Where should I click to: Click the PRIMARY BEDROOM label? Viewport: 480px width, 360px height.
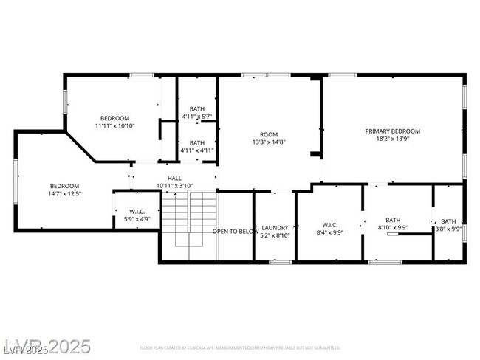(x=392, y=131)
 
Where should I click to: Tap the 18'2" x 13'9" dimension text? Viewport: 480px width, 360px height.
(x=392, y=139)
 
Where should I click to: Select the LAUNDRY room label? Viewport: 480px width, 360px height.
(x=274, y=228)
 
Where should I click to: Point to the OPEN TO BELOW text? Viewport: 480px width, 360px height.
(x=236, y=232)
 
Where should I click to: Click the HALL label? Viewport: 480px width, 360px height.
(x=174, y=178)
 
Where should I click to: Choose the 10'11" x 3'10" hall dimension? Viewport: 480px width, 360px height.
(x=174, y=186)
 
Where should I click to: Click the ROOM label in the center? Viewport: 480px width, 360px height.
(x=270, y=135)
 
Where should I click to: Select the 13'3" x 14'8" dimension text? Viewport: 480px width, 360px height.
(x=270, y=143)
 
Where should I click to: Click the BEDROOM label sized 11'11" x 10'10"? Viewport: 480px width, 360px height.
(x=114, y=118)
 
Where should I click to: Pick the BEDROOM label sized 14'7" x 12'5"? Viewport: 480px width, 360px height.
(x=64, y=186)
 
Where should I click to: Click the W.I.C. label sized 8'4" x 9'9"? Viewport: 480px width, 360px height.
(x=329, y=224)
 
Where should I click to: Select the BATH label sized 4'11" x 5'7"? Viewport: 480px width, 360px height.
(x=196, y=109)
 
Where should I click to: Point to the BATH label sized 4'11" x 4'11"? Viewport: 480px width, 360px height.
(x=196, y=142)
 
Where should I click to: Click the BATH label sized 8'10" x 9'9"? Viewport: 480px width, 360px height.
(x=392, y=220)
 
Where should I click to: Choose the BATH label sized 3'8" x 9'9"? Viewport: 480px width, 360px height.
(x=448, y=221)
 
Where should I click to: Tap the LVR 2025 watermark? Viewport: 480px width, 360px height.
(x=47, y=346)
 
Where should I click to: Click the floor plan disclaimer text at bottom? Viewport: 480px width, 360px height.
(x=240, y=347)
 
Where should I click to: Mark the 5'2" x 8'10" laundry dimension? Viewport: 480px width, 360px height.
(x=274, y=236)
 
